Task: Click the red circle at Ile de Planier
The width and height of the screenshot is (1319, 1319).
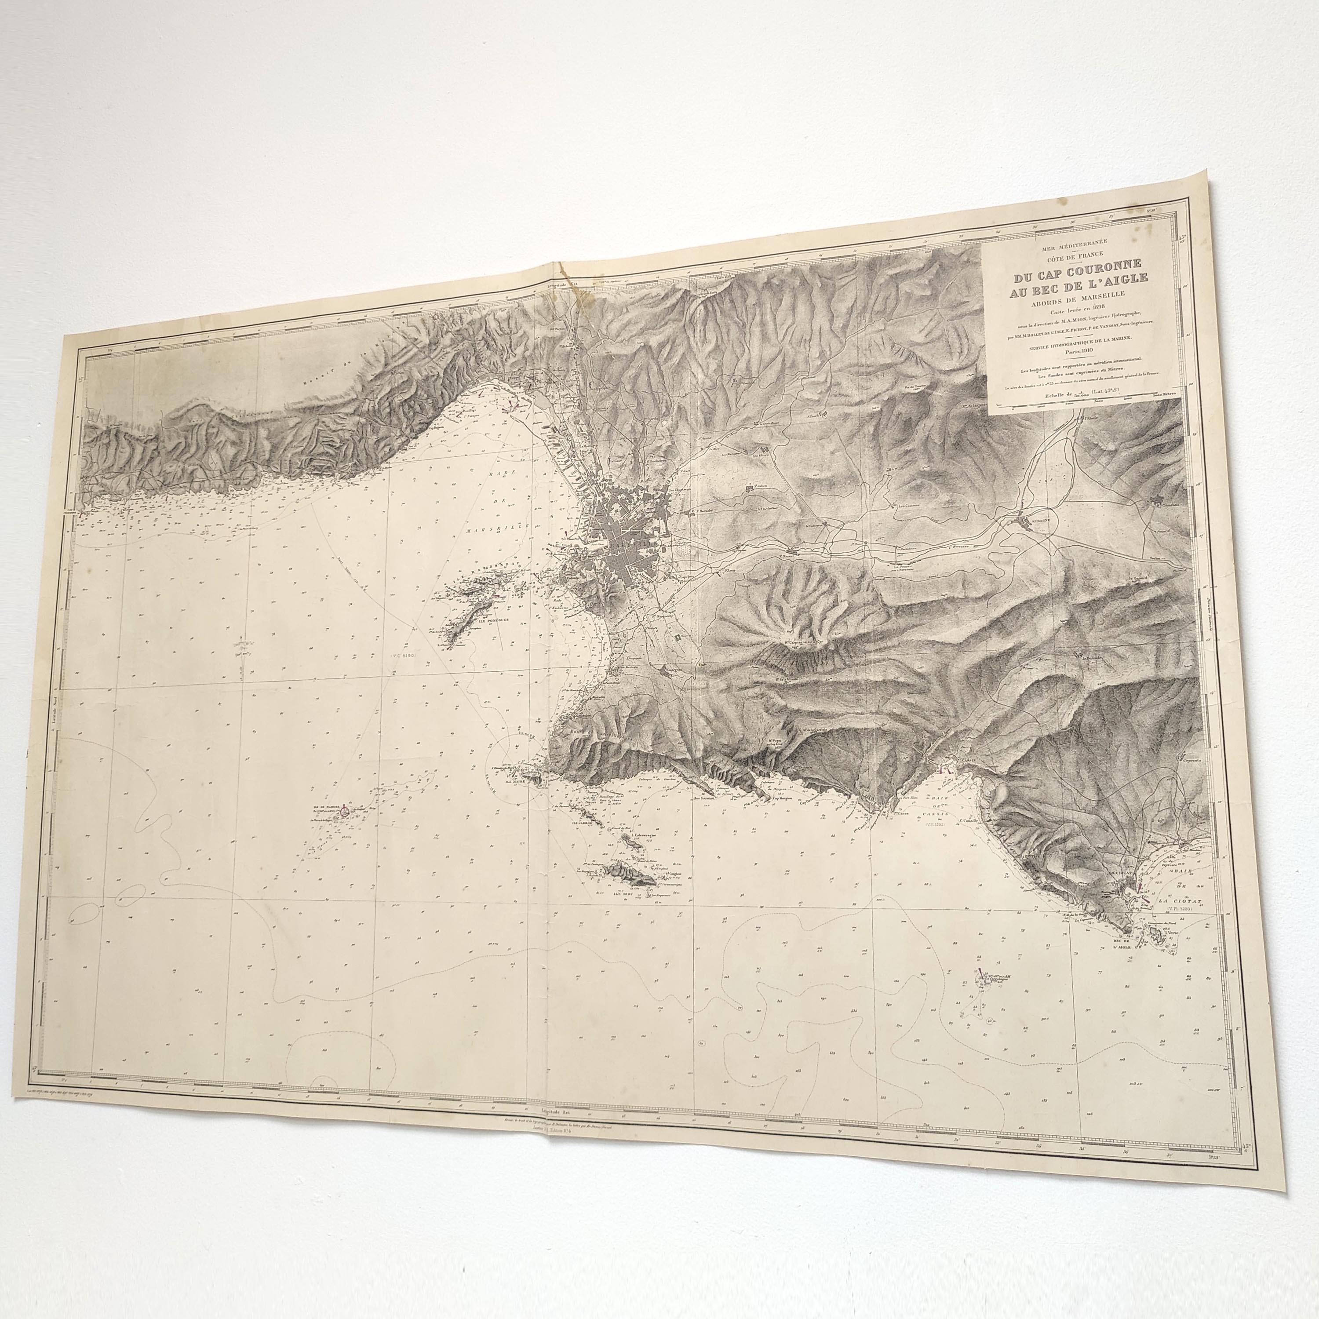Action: (344, 813)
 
